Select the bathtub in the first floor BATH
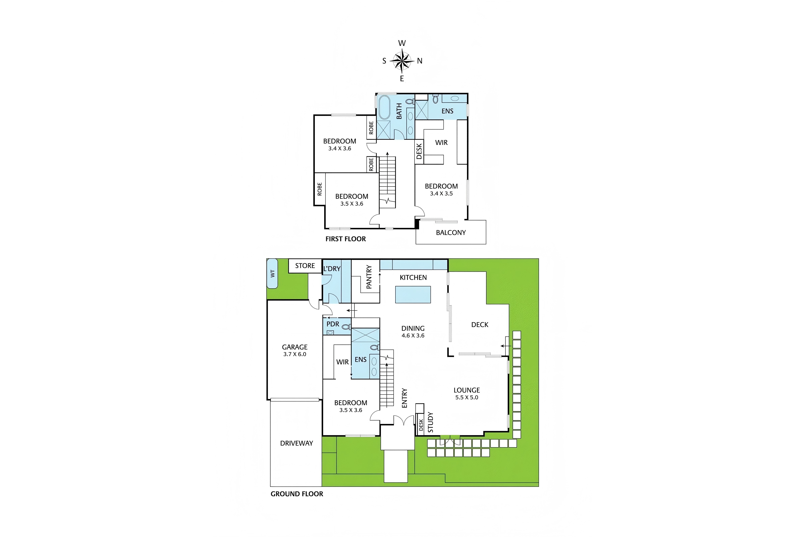point(384,107)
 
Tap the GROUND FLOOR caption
point(297,494)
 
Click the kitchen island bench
point(413,295)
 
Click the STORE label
point(305,266)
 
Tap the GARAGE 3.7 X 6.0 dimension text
point(295,354)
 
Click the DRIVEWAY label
point(296,443)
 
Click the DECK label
point(480,325)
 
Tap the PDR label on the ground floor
point(333,324)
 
